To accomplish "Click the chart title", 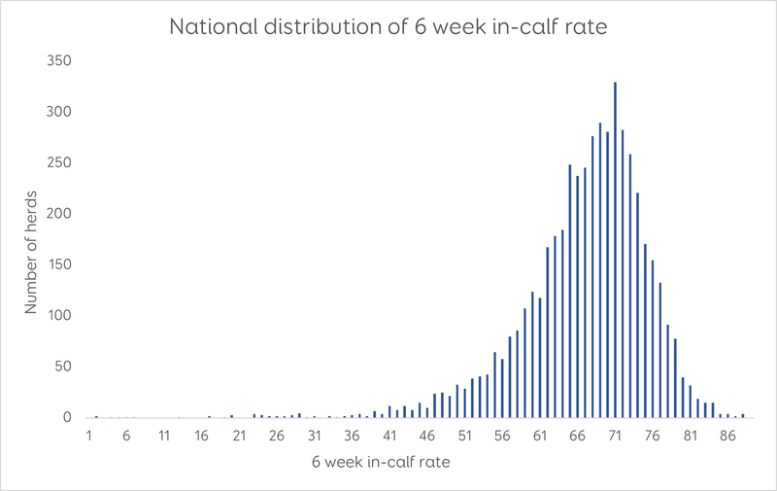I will tap(388, 26).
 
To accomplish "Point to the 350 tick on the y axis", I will tap(60, 60).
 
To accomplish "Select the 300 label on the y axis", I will tap(60, 112).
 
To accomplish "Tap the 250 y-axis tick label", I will tap(60, 162).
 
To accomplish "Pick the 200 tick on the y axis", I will tap(60, 214).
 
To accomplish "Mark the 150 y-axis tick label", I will tap(60, 264).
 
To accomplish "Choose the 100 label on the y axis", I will tap(60, 315).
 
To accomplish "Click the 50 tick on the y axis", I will tap(63, 367).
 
